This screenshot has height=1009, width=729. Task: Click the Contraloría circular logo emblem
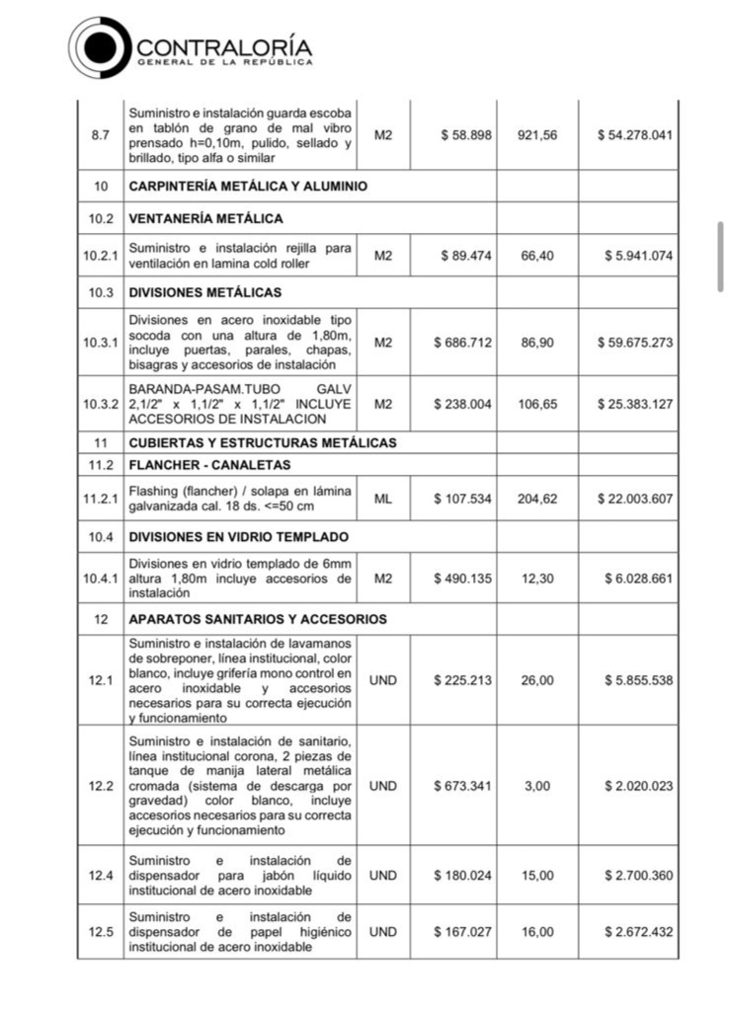[100, 47]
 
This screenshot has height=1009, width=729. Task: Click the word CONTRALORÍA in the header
[224, 46]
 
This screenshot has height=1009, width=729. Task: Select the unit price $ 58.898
[465, 134]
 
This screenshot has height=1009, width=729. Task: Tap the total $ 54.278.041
[635, 134]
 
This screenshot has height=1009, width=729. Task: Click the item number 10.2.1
[100, 256]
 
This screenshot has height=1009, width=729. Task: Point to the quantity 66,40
[537, 256]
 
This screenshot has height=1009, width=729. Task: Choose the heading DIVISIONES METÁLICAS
[204, 292]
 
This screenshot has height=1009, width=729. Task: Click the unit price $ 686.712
[462, 343]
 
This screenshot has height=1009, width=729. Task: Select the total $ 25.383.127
[635, 405]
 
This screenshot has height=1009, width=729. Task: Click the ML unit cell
[383, 499]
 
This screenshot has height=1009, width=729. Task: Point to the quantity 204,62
[537, 499]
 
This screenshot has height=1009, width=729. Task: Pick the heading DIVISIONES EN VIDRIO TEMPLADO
[238, 537]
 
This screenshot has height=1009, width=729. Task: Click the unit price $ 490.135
[462, 579]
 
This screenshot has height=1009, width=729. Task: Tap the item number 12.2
[100, 786]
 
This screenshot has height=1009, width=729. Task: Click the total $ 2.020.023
[638, 786]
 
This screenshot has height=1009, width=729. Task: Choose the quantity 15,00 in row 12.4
[537, 876]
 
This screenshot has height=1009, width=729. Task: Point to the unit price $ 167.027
[462, 932]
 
